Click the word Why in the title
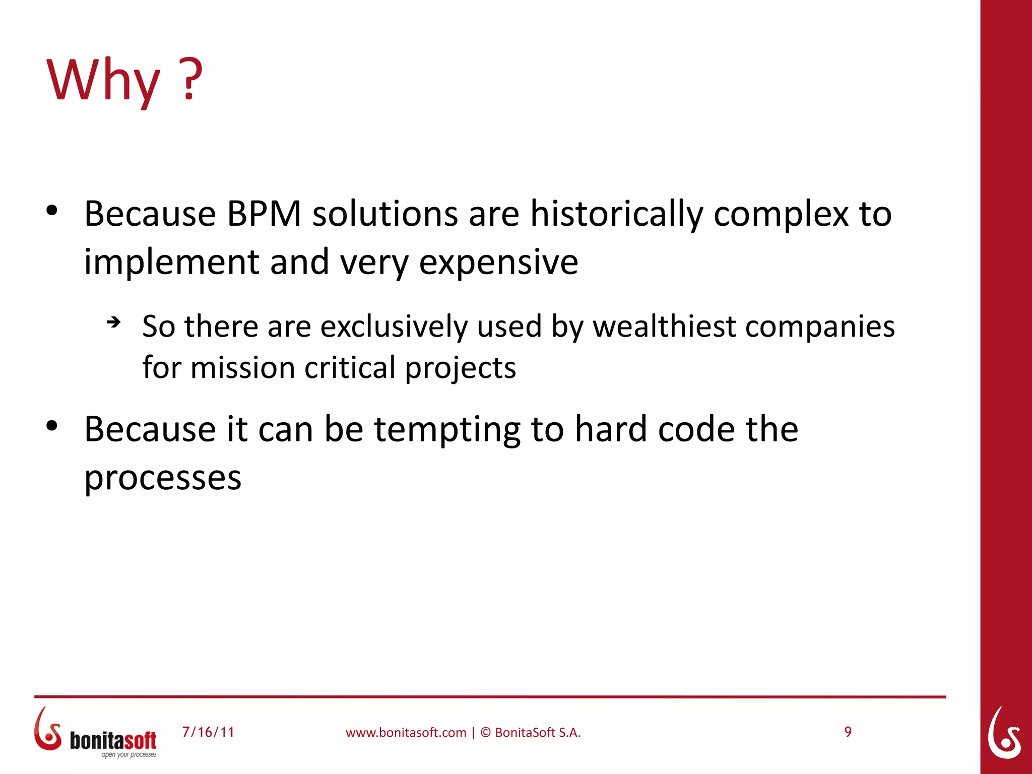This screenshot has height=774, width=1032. [103, 81]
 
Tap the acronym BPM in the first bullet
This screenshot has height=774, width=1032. [264, 214]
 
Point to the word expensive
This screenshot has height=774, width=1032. [498, 263]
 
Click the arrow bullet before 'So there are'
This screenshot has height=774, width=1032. [114, 322]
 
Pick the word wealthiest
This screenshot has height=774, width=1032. [664, 326]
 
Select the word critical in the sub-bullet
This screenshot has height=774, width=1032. [350, 367]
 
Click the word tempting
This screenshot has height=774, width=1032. [447, 430]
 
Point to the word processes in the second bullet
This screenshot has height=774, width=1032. [163, 478]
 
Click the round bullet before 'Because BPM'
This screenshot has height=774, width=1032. [52, 211]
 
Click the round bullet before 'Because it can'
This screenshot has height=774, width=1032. [52, 426]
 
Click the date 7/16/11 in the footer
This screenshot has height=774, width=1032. [208, 732]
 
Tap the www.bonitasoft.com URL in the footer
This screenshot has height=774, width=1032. [406, 733]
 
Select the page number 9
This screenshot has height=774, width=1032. [848, 732]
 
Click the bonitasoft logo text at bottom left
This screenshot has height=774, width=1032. [113, 740]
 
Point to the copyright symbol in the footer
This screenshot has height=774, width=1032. [485, 733]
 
